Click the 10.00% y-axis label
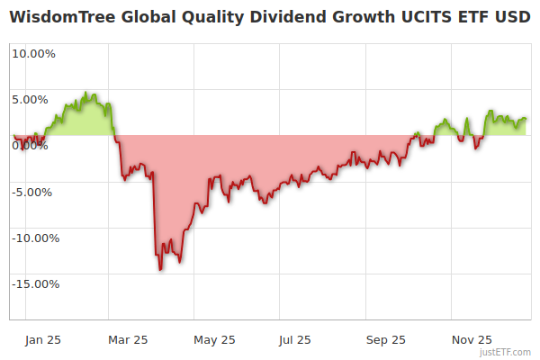point(33,53)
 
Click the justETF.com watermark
point(509,352)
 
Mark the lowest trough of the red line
point(160,269)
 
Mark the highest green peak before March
point(85,93)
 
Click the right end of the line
point(526,119)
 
